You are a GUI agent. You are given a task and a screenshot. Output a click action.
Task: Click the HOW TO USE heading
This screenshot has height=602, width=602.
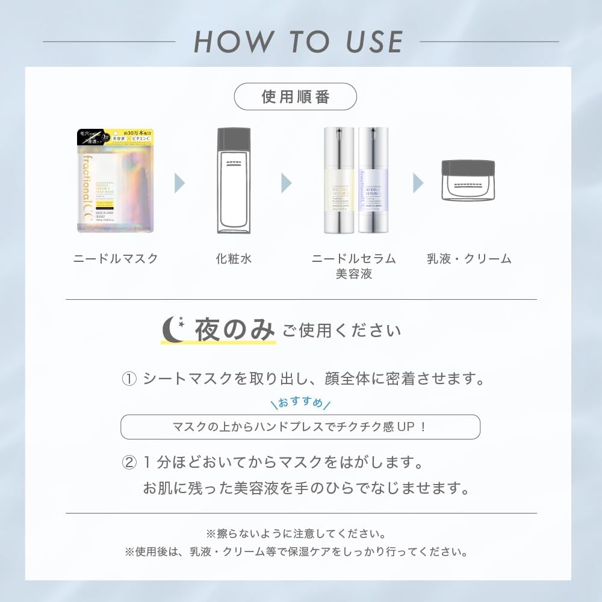299,42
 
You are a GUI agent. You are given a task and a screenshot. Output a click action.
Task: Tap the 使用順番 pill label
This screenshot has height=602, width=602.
295,97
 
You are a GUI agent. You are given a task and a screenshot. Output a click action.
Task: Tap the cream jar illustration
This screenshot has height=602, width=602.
468,180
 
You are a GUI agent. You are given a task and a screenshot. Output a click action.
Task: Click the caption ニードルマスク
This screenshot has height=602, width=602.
116,259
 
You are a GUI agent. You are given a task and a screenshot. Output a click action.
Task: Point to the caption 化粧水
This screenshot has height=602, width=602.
234,259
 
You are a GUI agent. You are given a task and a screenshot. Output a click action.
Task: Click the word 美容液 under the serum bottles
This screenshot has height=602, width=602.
354,274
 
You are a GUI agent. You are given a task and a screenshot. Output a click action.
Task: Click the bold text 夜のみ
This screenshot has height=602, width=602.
234,330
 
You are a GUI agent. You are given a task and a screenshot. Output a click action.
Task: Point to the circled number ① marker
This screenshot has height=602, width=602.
130,379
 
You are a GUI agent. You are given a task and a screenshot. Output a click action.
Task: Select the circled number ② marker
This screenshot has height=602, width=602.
130,463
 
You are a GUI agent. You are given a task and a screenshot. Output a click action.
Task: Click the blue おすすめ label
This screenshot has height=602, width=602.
300,403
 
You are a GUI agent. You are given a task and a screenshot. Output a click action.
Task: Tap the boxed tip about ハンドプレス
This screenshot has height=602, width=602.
300,427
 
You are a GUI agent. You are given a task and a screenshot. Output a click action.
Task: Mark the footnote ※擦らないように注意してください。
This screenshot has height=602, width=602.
296,533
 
